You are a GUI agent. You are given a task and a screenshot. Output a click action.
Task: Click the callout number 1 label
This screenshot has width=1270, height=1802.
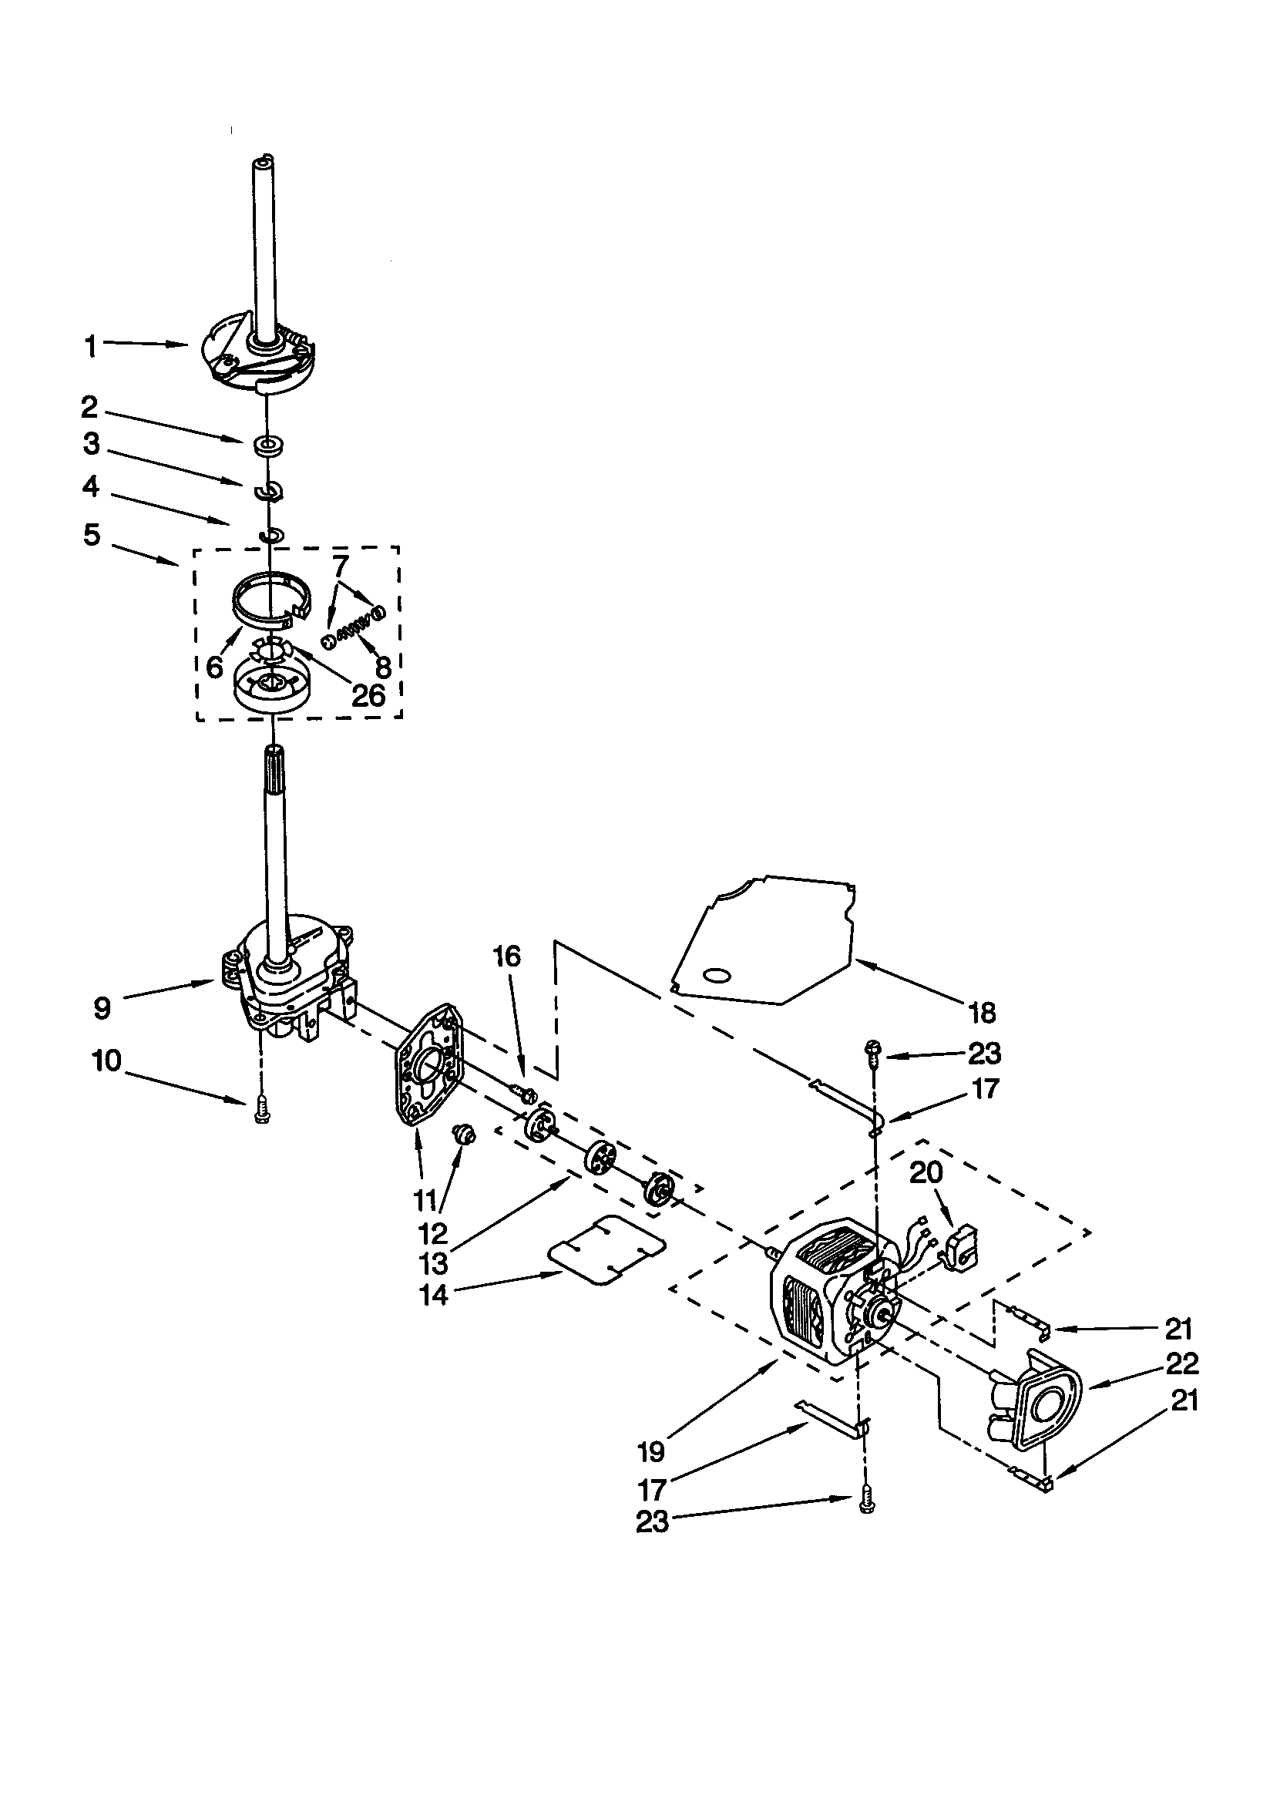point(91,346)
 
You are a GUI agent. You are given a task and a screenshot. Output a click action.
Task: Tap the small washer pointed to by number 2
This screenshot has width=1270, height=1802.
point(268,445)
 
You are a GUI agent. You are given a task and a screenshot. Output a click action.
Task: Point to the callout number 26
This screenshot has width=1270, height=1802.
point(368,694)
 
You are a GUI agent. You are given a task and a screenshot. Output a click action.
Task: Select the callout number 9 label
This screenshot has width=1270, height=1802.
point(102,1007)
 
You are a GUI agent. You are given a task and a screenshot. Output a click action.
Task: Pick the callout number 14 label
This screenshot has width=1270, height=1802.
point(433,1294)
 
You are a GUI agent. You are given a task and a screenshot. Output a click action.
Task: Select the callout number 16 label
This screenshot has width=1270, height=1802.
point(507,956)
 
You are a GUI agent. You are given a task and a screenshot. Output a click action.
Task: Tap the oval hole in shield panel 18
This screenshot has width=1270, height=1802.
point(715,976)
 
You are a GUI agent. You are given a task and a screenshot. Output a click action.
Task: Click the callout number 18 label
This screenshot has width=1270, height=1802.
point(982,1014)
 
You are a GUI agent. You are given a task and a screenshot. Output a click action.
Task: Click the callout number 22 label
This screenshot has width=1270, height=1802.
point(1182,1363)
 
